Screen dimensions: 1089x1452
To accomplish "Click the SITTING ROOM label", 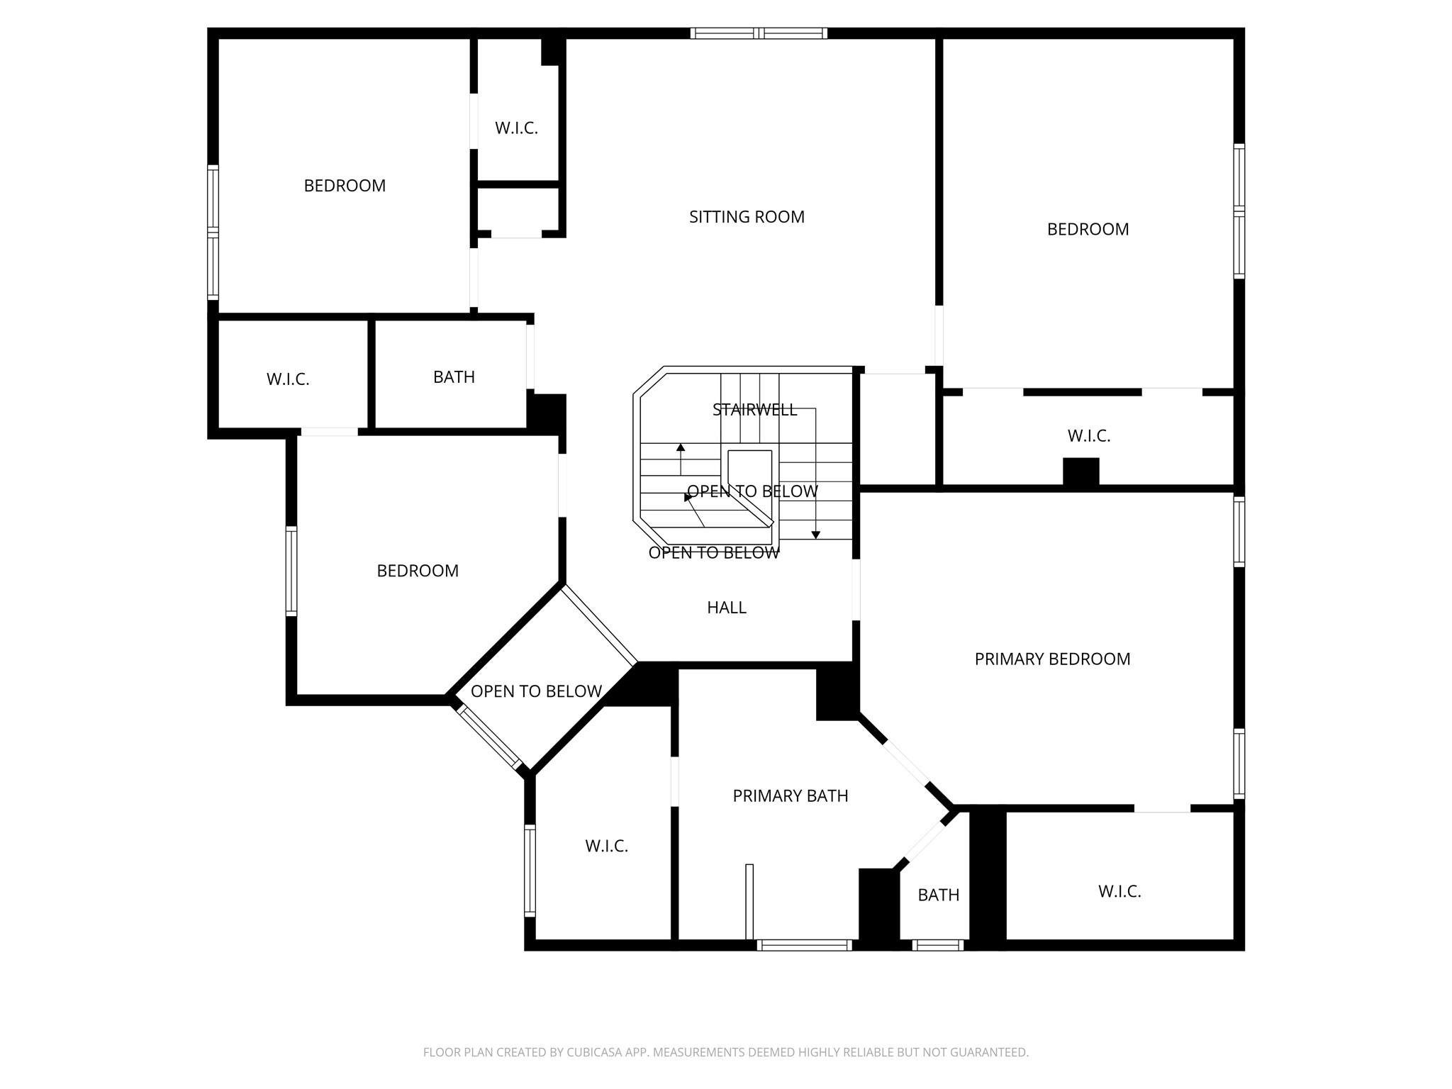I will [747, 217].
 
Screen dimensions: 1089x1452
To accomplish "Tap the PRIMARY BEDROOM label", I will [1052, 659].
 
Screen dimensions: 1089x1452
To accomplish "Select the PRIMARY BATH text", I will [790, 796].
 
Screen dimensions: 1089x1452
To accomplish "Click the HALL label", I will [727, 608].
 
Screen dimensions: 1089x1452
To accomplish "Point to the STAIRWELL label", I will [754, 410].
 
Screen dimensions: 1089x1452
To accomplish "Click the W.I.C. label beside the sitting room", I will [516, 128].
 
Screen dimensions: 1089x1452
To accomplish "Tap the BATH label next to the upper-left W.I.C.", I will [454, 377].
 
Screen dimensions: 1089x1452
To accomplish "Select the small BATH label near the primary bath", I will [938, 895].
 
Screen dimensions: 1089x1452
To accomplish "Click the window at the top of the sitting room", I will [759, 33].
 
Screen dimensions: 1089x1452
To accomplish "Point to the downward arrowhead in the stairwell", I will [816, 535].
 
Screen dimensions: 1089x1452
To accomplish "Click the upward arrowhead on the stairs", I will [681, 447].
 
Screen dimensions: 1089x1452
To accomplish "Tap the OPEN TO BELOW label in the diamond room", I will [536, 691].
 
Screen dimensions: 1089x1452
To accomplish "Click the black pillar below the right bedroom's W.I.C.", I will [1080, 472].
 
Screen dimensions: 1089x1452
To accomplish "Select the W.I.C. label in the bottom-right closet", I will [1119, 892].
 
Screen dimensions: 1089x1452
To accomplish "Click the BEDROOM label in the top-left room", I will [345, 186].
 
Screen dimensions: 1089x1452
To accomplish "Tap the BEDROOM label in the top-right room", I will [1088, 230].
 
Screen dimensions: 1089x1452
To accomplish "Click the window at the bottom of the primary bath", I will [804, 944].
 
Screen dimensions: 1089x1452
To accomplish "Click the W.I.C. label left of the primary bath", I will [606, 847].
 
